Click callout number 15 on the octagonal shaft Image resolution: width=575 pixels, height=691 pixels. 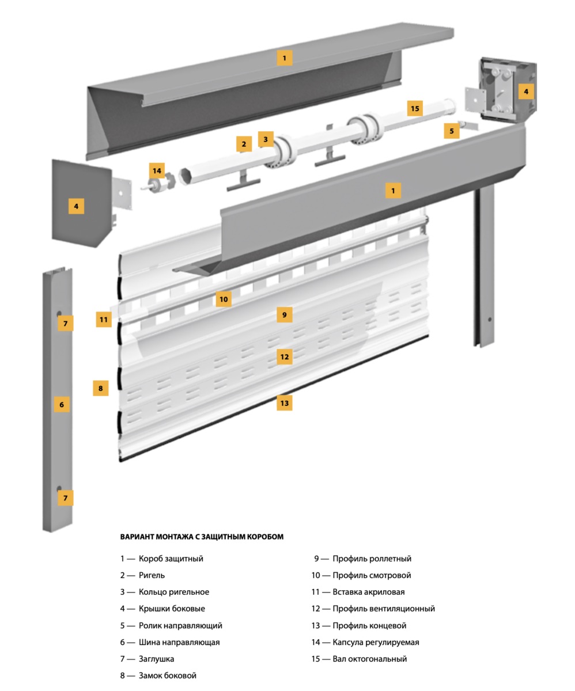click(x=414, y=108)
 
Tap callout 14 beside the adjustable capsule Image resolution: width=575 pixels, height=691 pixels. click(x=157, y=170)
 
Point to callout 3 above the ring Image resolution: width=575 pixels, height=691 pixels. click(x=265, y=139)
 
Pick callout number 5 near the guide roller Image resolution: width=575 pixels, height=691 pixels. click(x=452, y=131)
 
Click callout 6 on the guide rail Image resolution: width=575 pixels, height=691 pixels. click(x=62, y=404)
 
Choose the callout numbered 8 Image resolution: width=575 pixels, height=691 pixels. click(x=100, y=388)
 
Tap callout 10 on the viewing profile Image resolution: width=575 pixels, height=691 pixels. click(x=224, y=299)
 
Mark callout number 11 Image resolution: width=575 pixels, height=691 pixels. click(x=104, y=320)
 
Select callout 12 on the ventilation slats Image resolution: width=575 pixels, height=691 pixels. click(x=284, y=356)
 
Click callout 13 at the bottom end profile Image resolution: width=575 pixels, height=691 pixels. click(x=284, y=403)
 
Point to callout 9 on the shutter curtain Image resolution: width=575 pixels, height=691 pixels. click(x=284, y=314)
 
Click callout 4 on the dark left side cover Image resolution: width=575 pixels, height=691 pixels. click(x=76, y=206)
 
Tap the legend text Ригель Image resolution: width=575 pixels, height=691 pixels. click(x=152, y=575)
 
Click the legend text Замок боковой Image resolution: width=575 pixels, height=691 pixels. click(x=167, y=675)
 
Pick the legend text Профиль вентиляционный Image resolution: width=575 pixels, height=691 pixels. click(x=384, y=609)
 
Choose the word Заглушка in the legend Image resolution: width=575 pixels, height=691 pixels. click(x=156, y=659)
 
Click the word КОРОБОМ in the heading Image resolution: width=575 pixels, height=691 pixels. click(x=263, y=537)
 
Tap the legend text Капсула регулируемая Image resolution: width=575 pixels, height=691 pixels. click(x=376, y=642)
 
